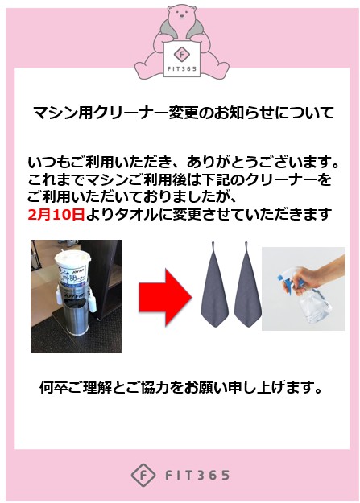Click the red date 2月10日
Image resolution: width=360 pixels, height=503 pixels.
tap(56, 214)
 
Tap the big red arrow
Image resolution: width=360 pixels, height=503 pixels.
tap(165, 297)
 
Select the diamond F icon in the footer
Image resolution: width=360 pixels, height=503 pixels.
tap(143, 475)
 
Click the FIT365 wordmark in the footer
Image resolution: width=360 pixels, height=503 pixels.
tap(197, 475)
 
